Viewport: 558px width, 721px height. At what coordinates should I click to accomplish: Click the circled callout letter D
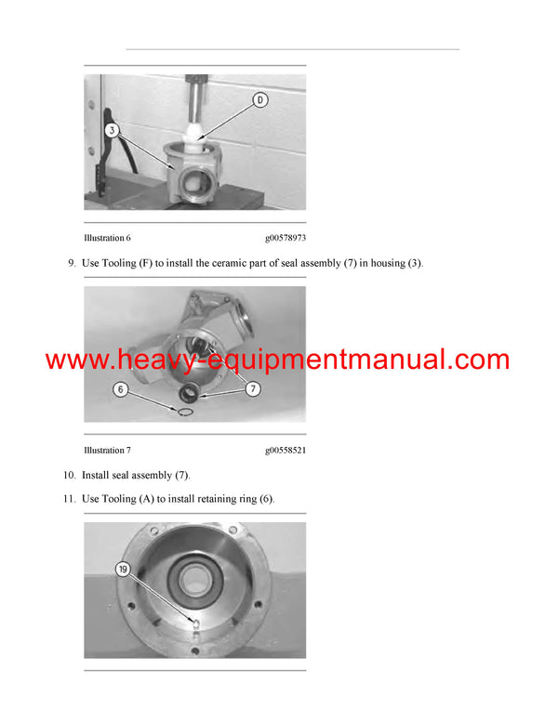point(260,99)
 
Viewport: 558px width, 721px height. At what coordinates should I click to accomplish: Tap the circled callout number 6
point(121,390)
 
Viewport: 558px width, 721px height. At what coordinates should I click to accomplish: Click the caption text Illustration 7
point(107,451)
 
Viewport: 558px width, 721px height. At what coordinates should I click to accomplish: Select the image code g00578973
point(286,239)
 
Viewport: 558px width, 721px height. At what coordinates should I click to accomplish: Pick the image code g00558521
point(286,451)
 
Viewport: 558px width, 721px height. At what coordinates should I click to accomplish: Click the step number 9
point(72,263)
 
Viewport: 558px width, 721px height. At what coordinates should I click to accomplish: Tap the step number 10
point(70,475)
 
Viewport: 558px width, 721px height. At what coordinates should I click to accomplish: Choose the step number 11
point(70,499)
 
